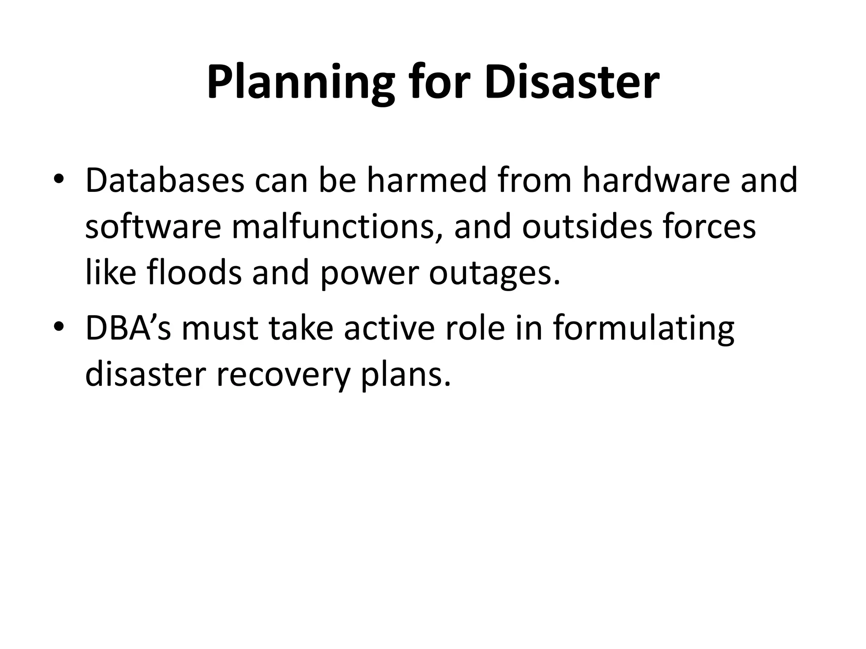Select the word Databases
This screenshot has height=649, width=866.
click(164, 180)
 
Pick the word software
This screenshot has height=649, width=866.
click(153, 227)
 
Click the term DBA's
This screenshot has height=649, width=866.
click(128, 328)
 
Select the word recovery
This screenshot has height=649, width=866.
click(283, 375)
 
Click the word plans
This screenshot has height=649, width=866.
click(406, 375)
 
